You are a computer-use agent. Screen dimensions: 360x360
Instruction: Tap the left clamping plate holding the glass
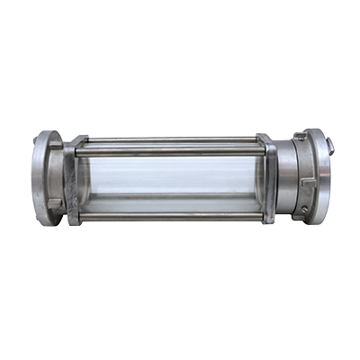point(73,180)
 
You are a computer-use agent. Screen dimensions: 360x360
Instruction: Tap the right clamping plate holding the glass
point(268,180)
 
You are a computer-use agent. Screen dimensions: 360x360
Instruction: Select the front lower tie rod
point(171,216)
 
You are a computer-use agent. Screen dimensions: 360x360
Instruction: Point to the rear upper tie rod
point(171,140)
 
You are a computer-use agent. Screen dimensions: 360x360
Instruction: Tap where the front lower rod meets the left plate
point(80,216)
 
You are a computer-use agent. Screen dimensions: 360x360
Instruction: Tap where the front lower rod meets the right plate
point(263,216)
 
